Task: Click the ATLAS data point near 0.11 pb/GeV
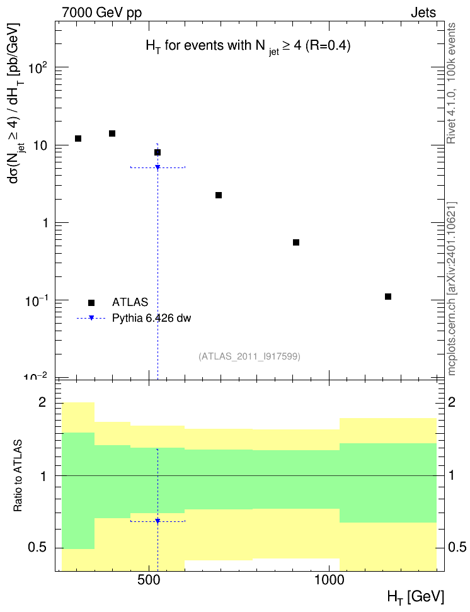pos(388,297)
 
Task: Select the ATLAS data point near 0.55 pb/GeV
pos(296,242)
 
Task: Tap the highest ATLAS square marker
pos(112,133)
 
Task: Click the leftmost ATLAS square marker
pos(78,139)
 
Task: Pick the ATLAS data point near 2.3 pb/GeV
pos(219,195)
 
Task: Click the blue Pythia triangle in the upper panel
pos(158,167)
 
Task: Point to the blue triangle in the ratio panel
pos(158,521)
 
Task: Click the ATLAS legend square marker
pos(91,303)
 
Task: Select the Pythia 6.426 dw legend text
pos(152,319)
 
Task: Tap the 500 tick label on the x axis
pos(149,580)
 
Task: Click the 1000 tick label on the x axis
pos(329,580)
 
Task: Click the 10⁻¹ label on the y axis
pos(37,302)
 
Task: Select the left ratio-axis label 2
pos(42,402)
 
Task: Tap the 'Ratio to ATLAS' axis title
pos(18,476)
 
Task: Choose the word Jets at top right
pos(423,13)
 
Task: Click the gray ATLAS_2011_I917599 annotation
pos(249,356)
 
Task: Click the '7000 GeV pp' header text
pos(101,13)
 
